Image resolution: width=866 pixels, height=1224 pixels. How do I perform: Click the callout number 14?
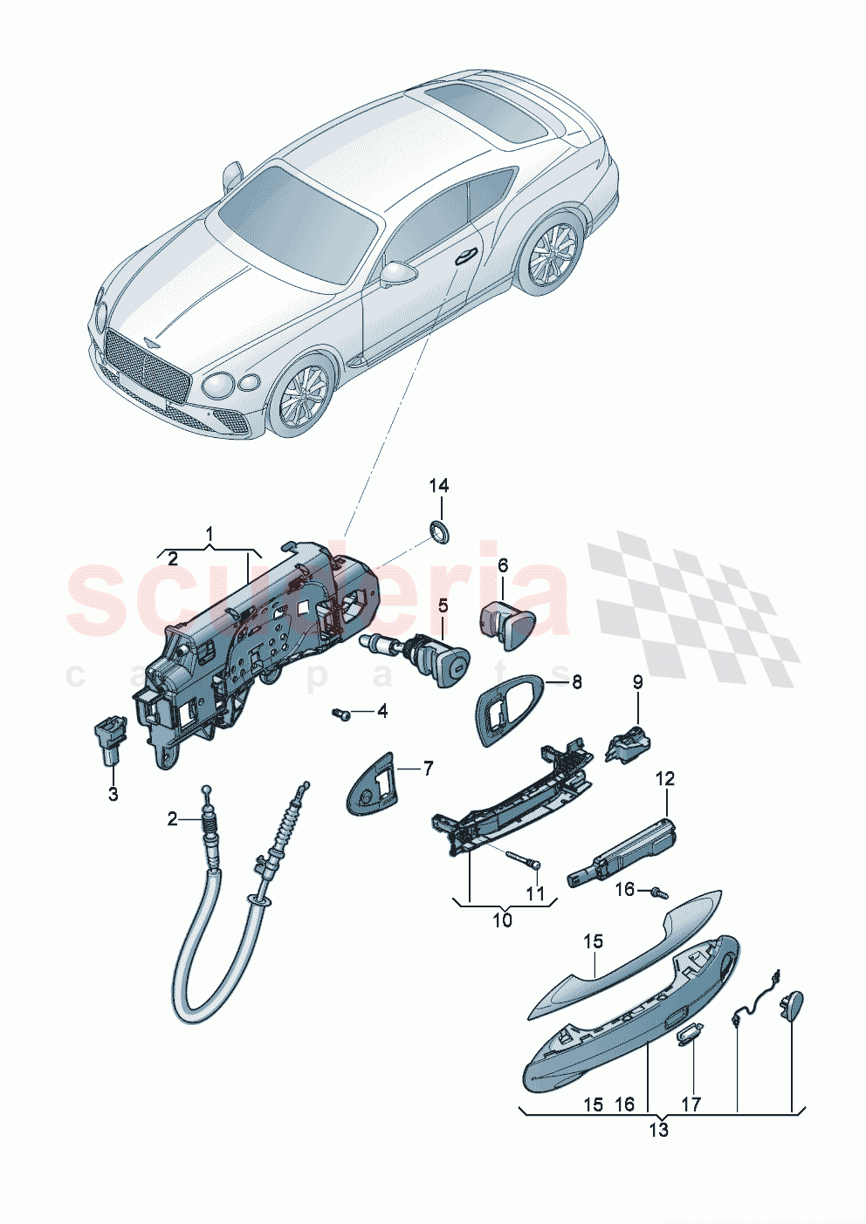(438, 485)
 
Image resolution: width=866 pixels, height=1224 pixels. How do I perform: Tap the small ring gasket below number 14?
(438, 530)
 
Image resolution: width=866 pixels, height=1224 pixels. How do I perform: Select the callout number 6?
(503, 565)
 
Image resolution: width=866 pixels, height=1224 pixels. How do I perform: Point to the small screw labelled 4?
(341, 715)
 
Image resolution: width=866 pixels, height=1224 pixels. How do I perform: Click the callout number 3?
(113, 795)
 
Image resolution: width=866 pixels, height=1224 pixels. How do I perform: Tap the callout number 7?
(428, 769)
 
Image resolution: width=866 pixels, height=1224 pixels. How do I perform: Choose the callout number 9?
(637, 682)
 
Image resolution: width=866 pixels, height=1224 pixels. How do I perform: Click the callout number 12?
(665, 778)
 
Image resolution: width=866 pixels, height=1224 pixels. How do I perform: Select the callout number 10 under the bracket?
(503, 920)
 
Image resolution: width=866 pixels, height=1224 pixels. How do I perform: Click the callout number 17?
(691, 1104)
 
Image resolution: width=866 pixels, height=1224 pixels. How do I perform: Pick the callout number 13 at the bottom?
(658, 1131)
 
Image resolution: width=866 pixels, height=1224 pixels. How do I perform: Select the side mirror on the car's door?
(397, 273)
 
